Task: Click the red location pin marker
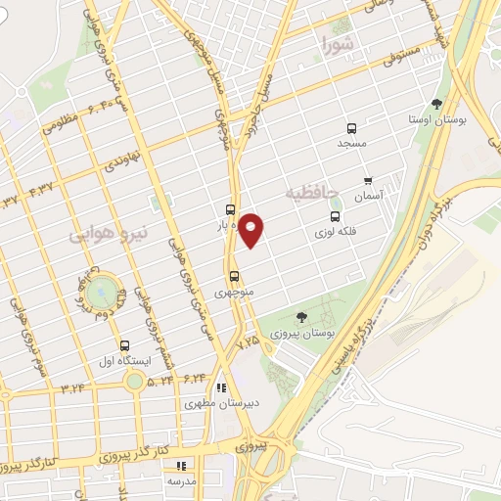click(252, 230)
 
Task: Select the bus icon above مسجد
click(351, 127)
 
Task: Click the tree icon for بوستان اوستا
click(436, 103)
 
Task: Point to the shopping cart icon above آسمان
click(368, 180)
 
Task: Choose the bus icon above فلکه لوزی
click(336, 217)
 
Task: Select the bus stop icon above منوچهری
click(234, 276)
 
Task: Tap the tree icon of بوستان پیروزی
click(301, 317)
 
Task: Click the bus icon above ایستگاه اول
click(124, 345)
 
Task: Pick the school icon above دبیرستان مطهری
click(221, 387)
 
